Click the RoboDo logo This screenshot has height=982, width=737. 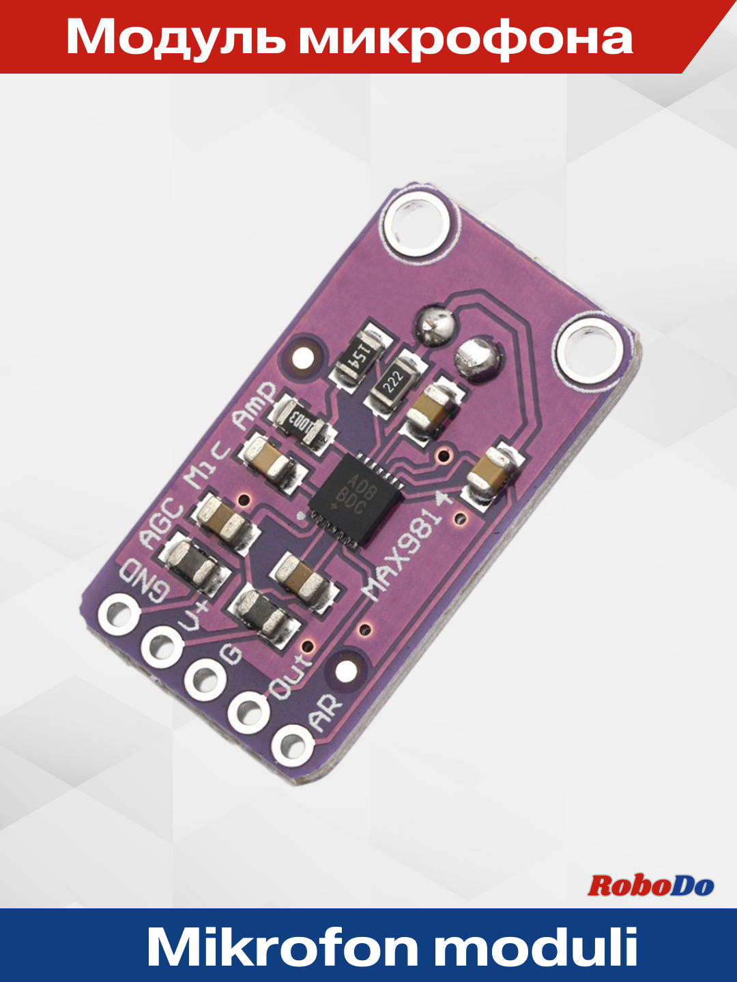(650, 885)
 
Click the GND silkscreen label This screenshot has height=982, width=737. (144, 581)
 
